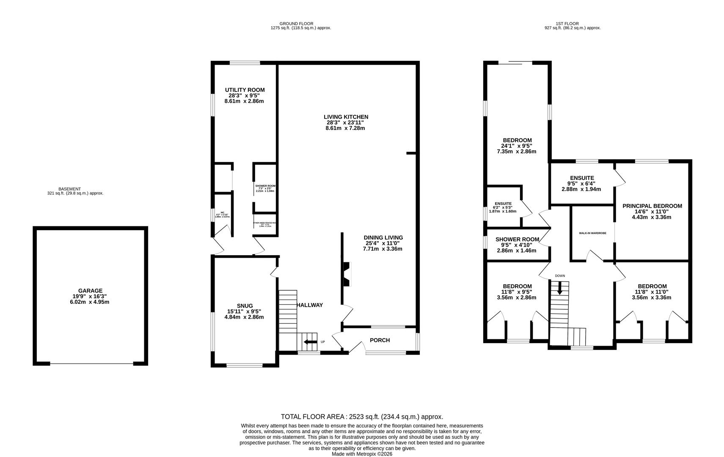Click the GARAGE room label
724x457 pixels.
tap(90, 291)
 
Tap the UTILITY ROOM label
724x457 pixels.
tap(245, 90)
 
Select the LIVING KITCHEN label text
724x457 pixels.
tap(346, 117)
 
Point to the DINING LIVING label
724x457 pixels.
tap(383, 237)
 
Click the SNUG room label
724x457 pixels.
tap(245, 306)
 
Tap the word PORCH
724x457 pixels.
tap(380, 340)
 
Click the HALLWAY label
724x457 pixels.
tap(310, 305)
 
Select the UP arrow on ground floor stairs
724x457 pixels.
tap(311, 342)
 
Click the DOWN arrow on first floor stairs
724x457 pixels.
tap(560, 290)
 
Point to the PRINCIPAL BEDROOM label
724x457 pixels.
tap(652, 206)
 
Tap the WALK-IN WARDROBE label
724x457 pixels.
tap(592, 233)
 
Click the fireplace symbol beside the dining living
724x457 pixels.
tap(347, 274)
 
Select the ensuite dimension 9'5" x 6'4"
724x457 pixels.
tap(581, 184)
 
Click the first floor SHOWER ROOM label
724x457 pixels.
tap(517, 239)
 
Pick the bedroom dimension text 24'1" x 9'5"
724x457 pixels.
tap(516, 146)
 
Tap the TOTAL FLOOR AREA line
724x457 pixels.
tap(362, 417)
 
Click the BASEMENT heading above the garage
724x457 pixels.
tap(69, 189)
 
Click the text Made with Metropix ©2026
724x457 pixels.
tap(362, 454)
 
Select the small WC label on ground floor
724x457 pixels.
tap(222, 213)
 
